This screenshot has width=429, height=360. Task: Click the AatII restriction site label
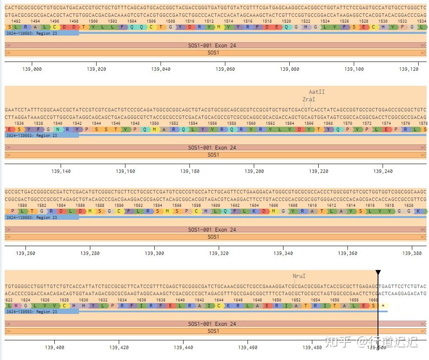[317, 92]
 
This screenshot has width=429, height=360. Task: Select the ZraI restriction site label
[309, 99]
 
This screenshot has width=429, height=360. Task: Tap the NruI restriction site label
[299, 276]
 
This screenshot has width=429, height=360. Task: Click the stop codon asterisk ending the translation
[383, 306]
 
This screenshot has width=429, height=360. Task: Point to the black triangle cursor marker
[378, 273]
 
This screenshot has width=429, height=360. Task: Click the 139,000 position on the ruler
[32, 69]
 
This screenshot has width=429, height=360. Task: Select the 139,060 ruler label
[225, 69]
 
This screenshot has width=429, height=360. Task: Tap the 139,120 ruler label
[409, 69]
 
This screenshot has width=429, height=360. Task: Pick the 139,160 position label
[125, 171]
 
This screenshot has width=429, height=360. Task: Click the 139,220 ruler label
[319, 171]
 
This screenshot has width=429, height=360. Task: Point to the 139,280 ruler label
[90, 253]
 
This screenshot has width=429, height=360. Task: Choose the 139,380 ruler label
[411, 253]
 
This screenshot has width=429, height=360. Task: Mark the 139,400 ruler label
[54, 347]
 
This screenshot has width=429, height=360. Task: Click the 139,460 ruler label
[248, 347]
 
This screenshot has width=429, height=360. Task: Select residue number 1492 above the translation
[16, 21]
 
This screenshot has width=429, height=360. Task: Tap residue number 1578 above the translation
[423, 123]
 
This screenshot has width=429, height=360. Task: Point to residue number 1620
[409, 206]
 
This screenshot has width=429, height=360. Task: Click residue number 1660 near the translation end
[373, 300]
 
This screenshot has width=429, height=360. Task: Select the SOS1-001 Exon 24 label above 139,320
[212, 229]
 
